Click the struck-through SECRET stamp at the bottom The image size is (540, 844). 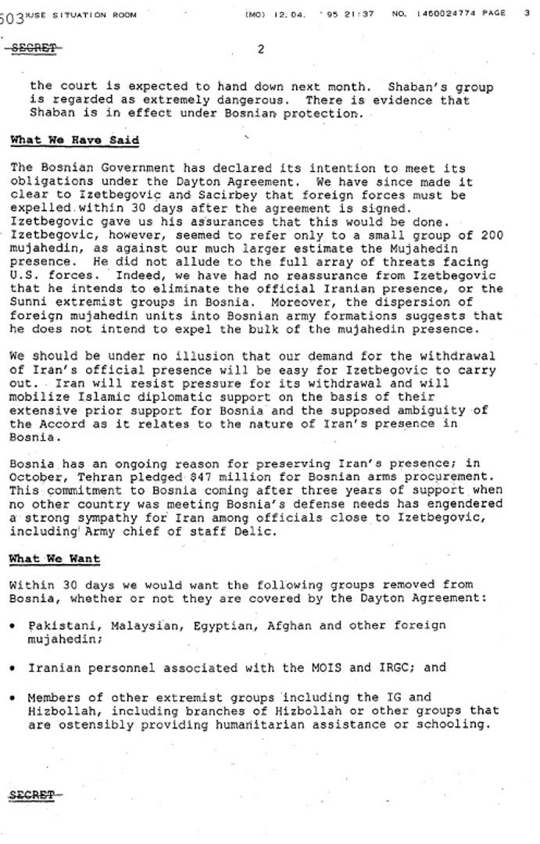[x=32, y=795]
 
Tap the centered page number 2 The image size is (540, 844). [x=261, y=48]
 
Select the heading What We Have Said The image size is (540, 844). [x=74, y=141]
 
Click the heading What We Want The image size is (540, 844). [x=55, y=559]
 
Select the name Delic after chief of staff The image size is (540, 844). [x=259, y=532]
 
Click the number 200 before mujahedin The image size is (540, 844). [x=492, y=235]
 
